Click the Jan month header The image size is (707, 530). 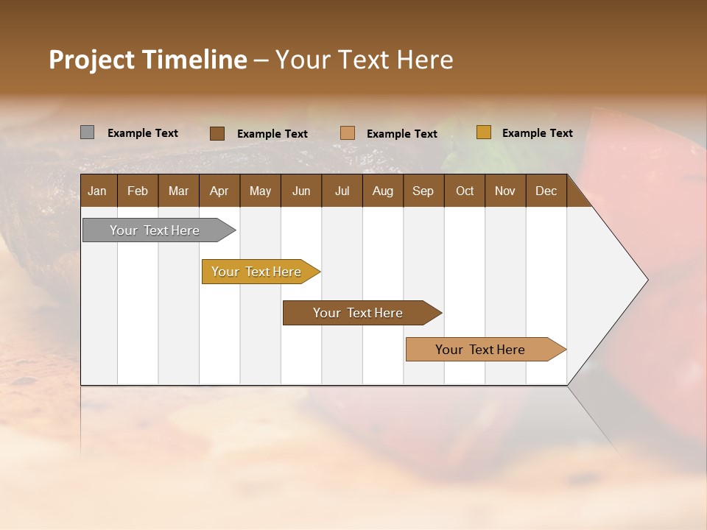97,191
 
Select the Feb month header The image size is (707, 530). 138,191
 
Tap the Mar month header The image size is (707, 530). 178,191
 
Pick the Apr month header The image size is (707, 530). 219,191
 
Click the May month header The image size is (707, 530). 260,191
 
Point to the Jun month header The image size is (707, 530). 301,191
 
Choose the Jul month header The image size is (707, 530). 342,191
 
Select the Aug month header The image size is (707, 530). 382,191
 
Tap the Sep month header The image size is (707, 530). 423,191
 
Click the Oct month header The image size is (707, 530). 465,191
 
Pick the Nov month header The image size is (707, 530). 505,191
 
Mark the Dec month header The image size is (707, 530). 546,191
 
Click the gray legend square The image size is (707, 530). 87,132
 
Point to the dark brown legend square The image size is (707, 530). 217,133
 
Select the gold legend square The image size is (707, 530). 483,132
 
